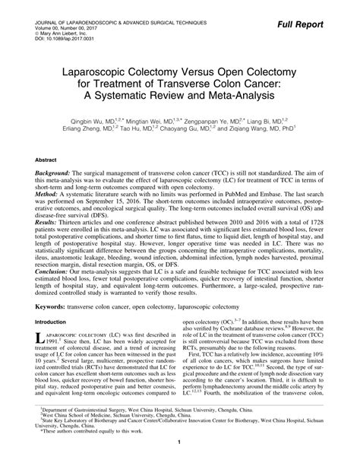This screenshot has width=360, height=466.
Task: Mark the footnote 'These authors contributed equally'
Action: [x=89, y=442]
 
